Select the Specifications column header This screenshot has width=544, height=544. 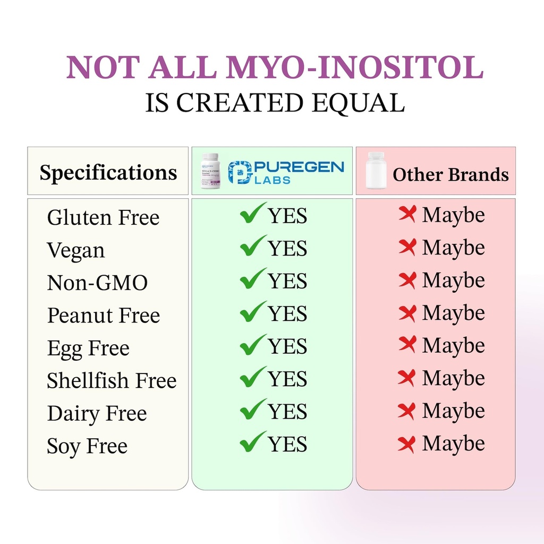pos(108,173)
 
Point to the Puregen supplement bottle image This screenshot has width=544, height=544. pos(210,171)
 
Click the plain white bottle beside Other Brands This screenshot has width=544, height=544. pos(376,171)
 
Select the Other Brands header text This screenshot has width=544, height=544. pos(450,175)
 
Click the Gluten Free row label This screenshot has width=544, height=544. pos(103,217)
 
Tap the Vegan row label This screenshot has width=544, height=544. pos(76,251)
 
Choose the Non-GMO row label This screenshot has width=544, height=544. pos(97,283)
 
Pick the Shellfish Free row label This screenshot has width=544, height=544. pos(112,380)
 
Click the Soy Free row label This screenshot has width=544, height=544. pos(87,446)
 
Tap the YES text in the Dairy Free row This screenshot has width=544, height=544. pos(287,412)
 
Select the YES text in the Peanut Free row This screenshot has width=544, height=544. pos(287,313)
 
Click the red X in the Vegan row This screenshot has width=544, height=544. pos(407,247)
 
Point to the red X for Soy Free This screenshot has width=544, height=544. pos(407,444)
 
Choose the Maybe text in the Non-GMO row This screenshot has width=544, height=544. pos(453,280)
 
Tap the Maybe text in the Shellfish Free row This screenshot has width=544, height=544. pos(453,378)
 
